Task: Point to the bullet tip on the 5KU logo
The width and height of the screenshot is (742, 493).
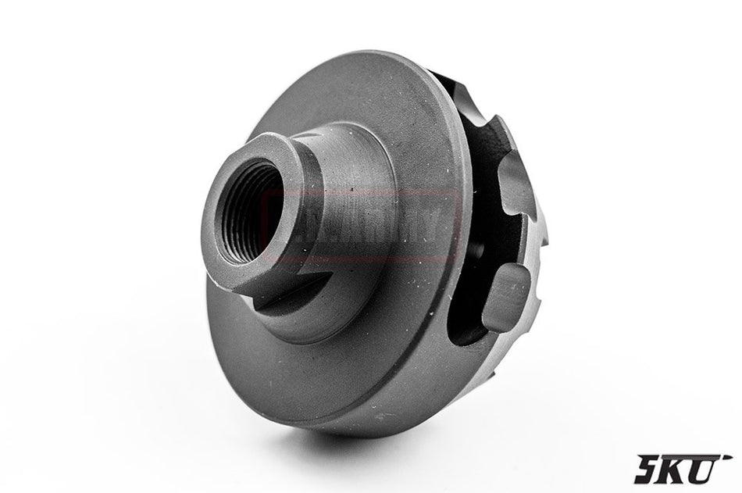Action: tap(728, 455)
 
